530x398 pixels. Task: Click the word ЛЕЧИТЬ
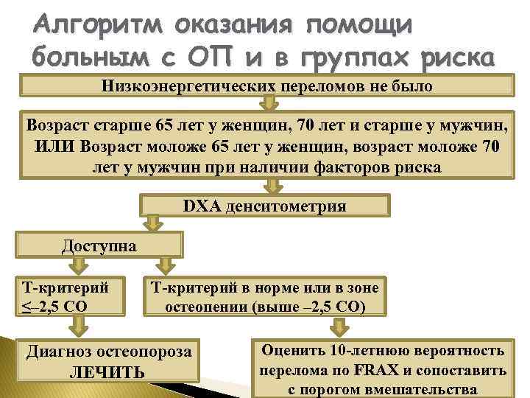coord(107,372)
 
